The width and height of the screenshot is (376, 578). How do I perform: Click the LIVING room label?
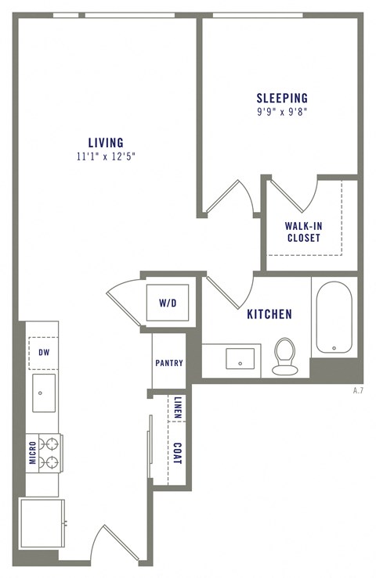pyautogui.click(x=106, y=142)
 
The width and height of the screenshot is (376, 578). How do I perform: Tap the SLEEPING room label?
pyautogui.click(x=282, y=98)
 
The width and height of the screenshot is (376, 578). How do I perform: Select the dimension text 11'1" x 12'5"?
pyautogui.click(x=106, y=156)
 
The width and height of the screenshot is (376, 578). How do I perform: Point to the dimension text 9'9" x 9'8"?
pyautogui.click(x=282, y=111)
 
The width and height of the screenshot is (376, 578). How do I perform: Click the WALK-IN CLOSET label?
pyautogui.click(x=303, y=232)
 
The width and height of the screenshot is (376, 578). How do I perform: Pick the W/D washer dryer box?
pyautogui.click(x=167, y=302)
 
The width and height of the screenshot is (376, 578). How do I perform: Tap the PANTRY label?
pyautogui.click(x=168, y=363)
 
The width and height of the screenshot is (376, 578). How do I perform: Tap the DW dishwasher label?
pyautogui.click(x=44, y=353)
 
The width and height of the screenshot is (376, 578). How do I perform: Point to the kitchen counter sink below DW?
pyautogui.click(x=44, y=393)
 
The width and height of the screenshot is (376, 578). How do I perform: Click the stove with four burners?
pyautogui.click(x=50, y=453)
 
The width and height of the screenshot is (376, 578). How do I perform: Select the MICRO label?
pyautogui.click(x=33, y=453)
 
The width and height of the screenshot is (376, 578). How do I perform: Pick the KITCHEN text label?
pyautogui.click(x=269, y=314)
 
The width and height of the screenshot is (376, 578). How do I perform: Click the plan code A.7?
pyautogui.click(x=358, y=390)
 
